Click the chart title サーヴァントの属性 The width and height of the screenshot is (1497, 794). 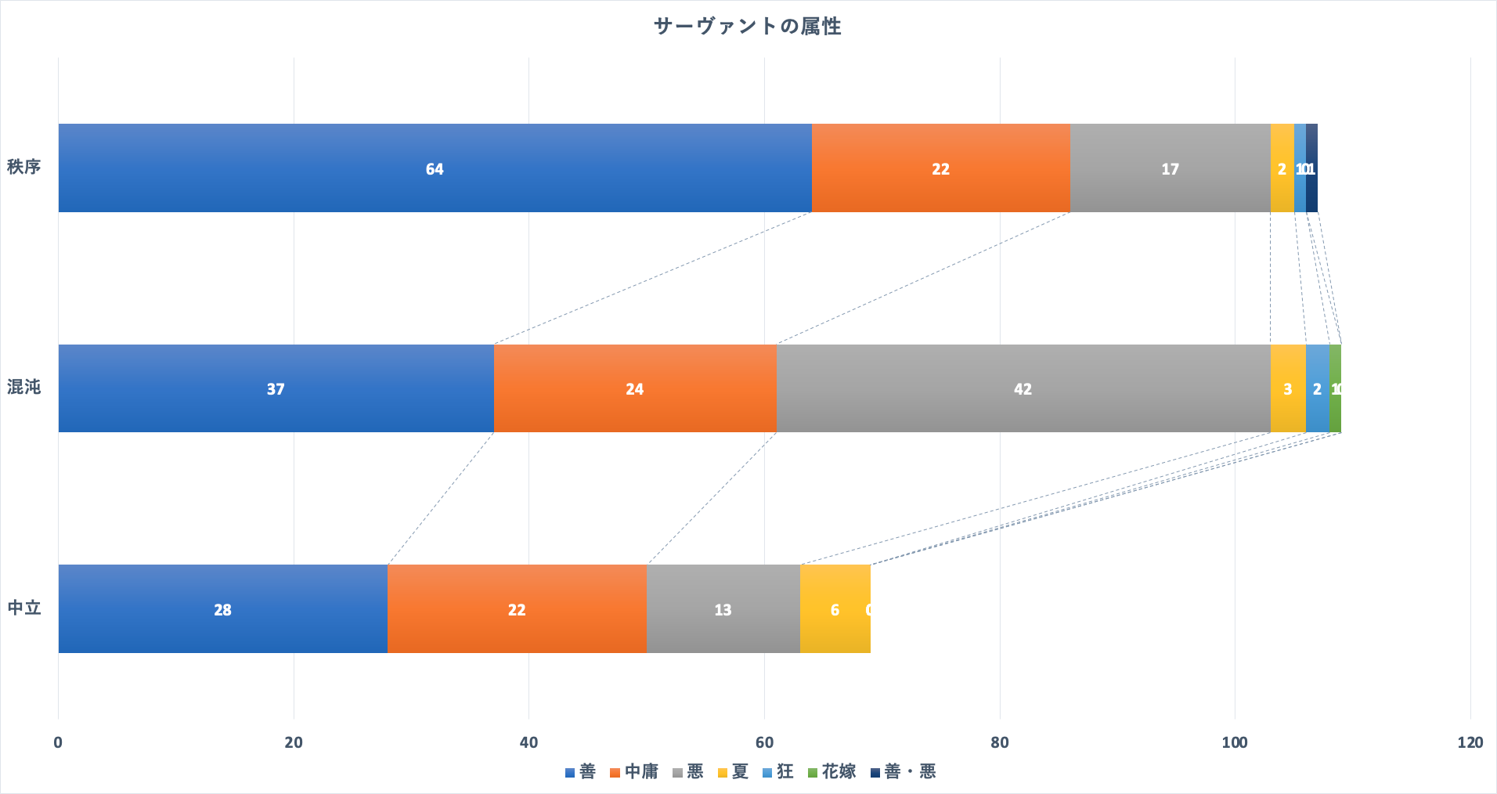747,27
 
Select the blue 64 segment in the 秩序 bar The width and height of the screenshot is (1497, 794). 435,168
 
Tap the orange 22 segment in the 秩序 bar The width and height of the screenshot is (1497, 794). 940,168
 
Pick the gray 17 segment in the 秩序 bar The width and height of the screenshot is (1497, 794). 1170,168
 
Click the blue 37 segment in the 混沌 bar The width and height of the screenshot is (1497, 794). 276,388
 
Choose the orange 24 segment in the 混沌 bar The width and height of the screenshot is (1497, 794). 634,388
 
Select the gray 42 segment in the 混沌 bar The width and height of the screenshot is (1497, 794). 1023,388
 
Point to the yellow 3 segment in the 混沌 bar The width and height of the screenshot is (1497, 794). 1287,388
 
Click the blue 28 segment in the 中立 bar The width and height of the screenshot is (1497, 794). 222,609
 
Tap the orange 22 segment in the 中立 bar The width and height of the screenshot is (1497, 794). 517,609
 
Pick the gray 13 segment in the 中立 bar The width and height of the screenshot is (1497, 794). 723,609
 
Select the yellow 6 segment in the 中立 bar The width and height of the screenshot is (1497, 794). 835,609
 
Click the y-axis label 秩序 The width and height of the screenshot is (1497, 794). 24,167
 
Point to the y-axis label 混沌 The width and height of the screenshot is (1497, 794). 24,387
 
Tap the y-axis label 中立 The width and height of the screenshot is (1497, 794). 24,608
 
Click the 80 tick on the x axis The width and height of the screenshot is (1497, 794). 999,742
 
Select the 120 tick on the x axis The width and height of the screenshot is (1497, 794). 1470,742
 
